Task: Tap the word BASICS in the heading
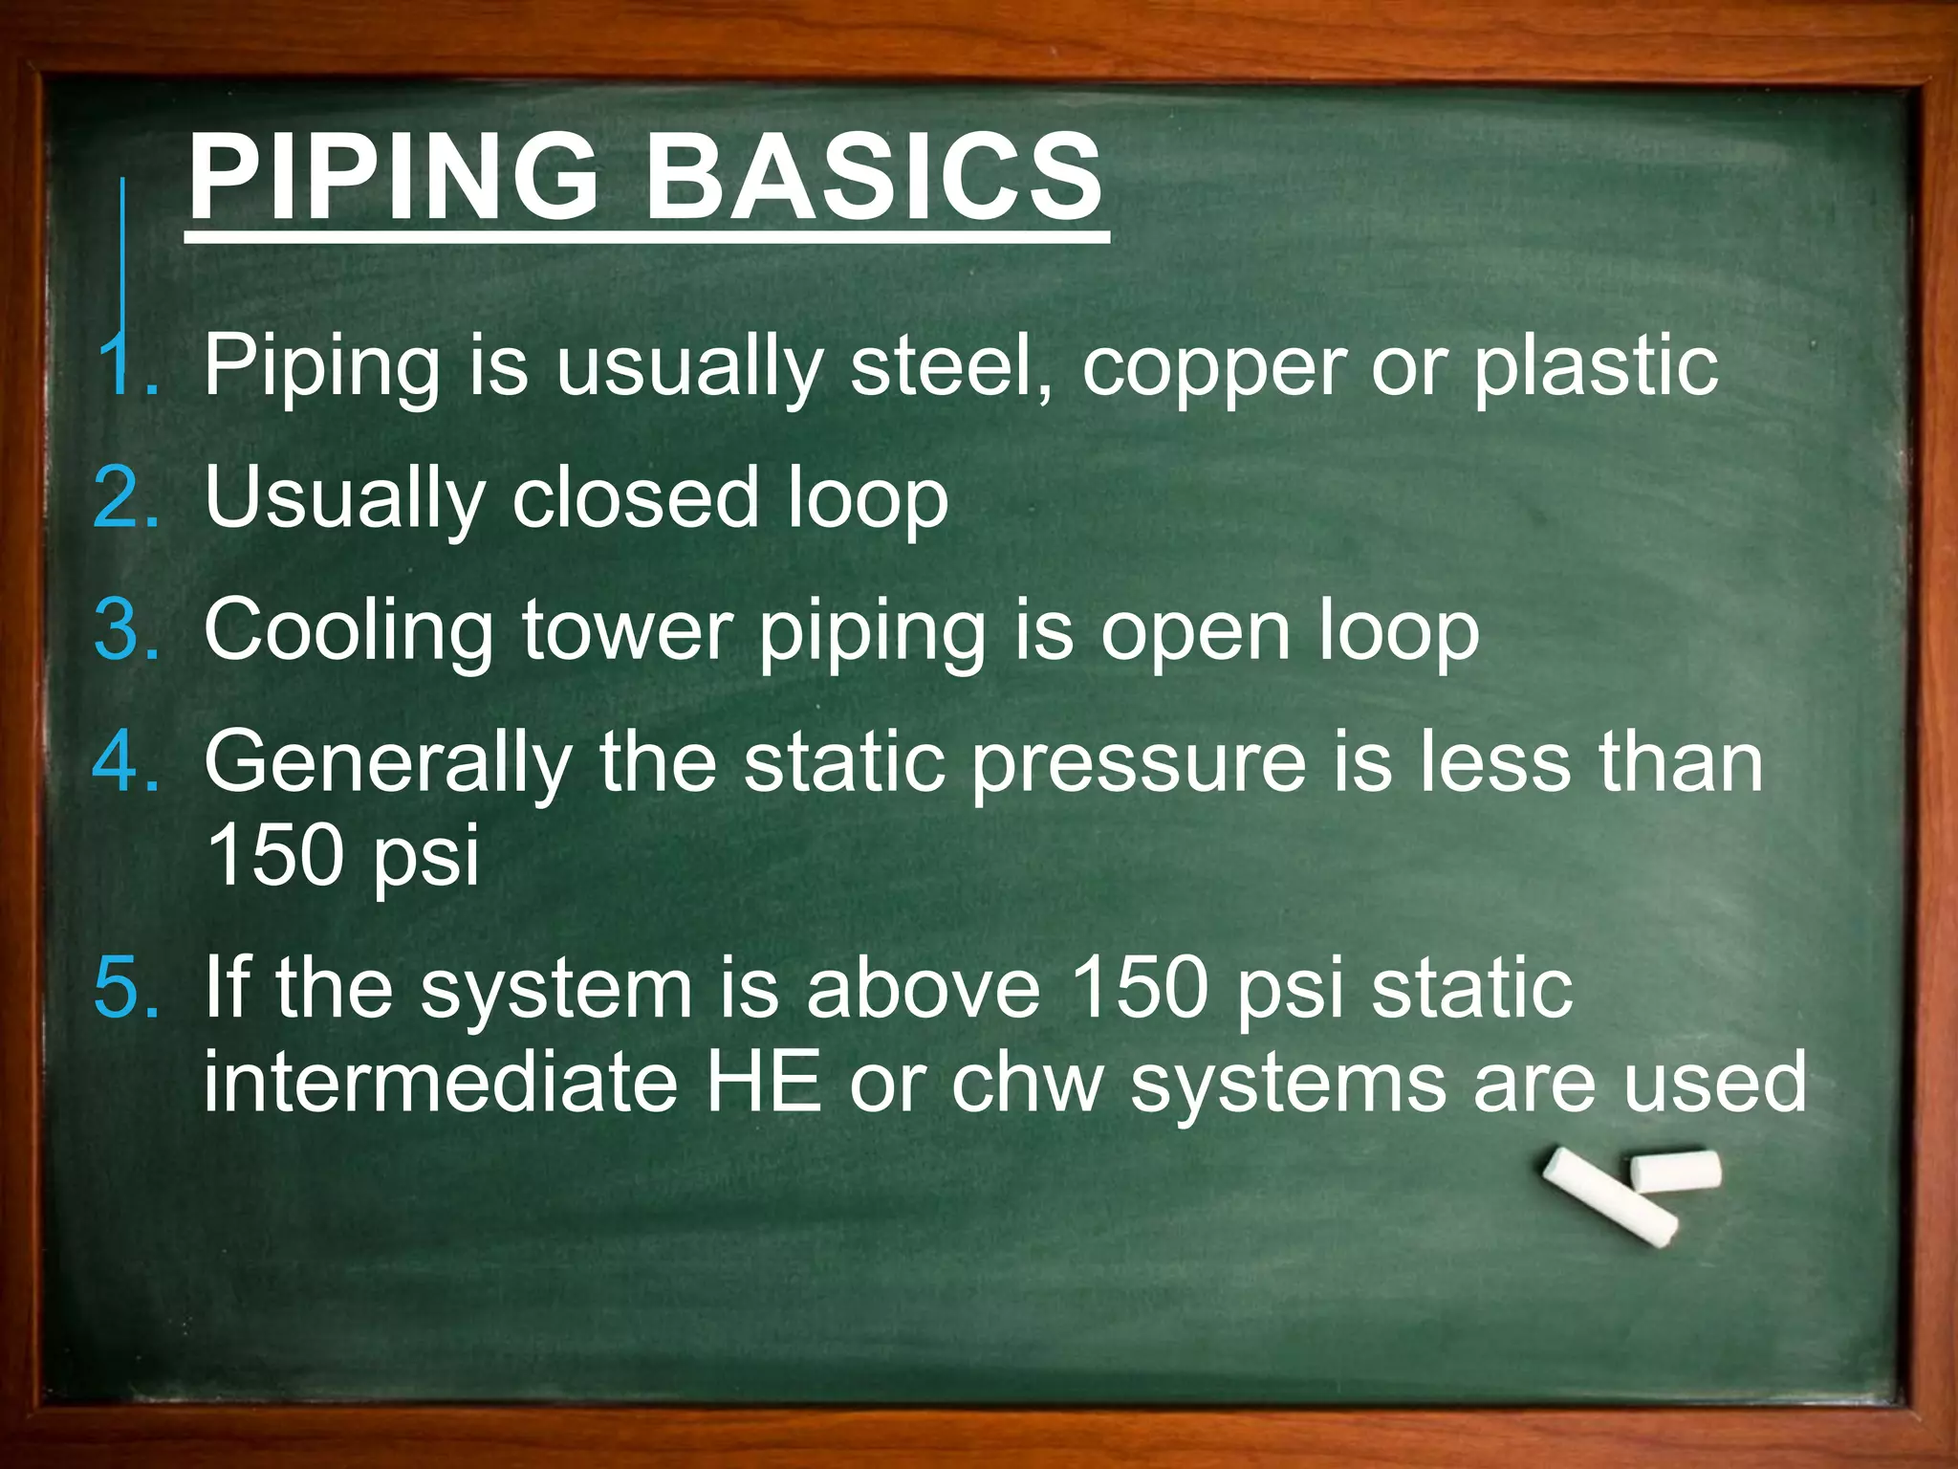click(x=874, y=177)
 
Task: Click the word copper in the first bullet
click(x=1214, y=368)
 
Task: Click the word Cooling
click(x=349, y=631)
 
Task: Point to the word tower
click(x=627, y=629)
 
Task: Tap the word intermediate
click(x=441, y=1081)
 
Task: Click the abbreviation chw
click(x=1027, y=1081)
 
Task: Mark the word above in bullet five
click(x=923, y=988)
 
